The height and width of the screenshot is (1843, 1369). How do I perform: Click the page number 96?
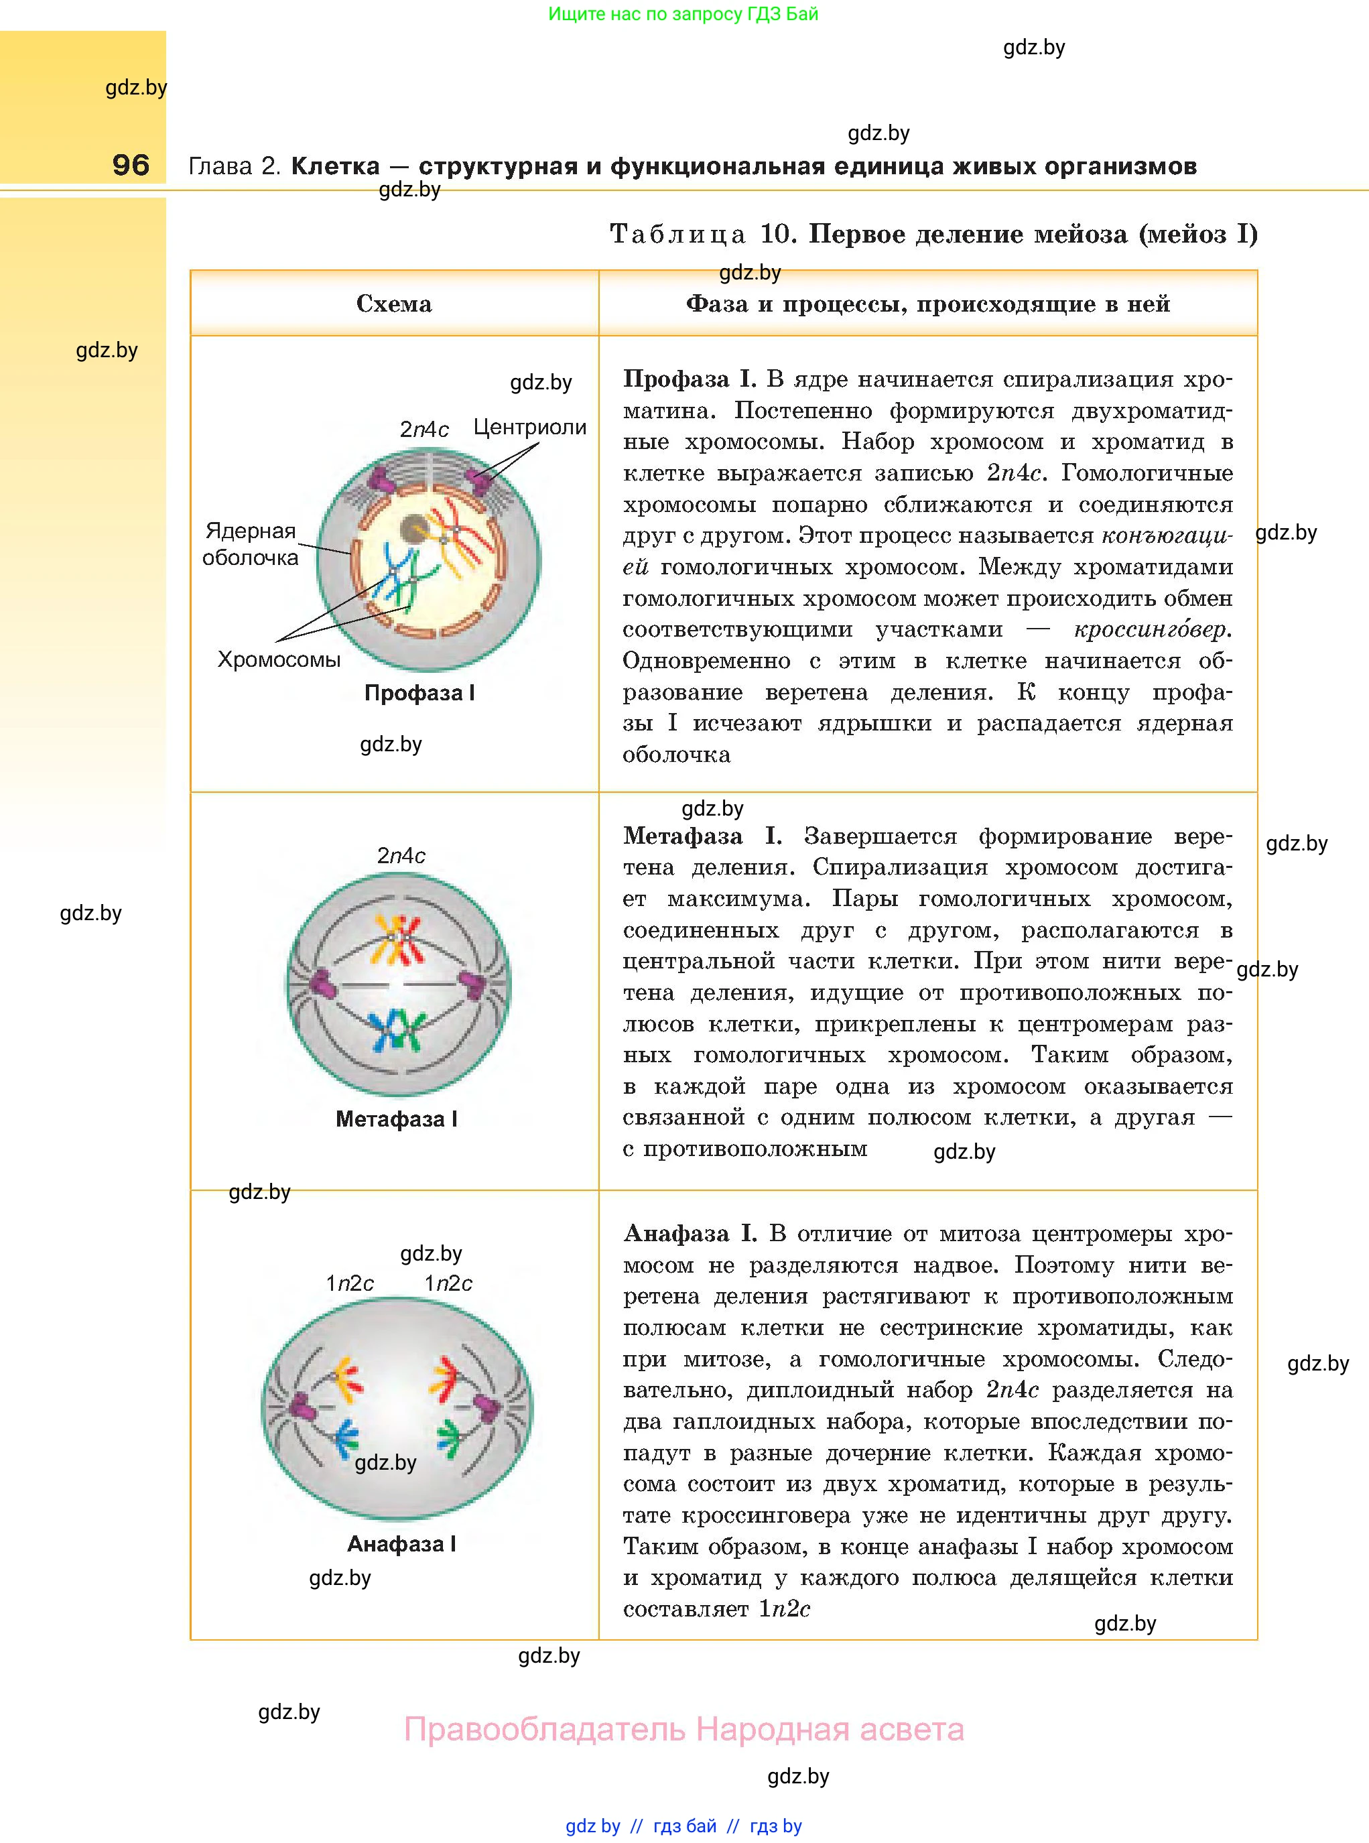[x=131, y=165]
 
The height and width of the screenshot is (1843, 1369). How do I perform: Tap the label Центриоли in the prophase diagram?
[x=529, y=428]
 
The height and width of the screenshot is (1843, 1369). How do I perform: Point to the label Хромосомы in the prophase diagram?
[x=279, y=659]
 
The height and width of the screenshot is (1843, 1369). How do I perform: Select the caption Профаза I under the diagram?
[x=419, y=693]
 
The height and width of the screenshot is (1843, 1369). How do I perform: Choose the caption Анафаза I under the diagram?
[x=401, y=1544]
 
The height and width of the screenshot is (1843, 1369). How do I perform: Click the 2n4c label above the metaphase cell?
[x=401, y=855]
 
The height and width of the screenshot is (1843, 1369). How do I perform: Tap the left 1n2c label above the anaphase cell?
[x=350, y=1283]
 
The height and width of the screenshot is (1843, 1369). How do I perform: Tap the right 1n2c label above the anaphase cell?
[x=448, y=1283]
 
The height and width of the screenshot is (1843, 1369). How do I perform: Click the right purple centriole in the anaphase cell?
[x=486, y=1406]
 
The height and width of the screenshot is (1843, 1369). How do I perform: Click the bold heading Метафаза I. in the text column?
[x=702, y=836]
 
